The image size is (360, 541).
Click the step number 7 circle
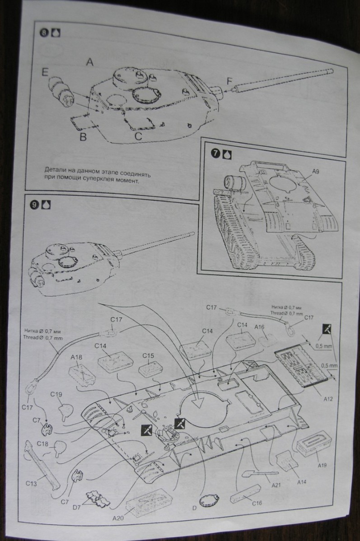click(216, 153)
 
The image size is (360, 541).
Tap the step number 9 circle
click(33, 204)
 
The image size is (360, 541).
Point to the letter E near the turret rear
click(45, 72)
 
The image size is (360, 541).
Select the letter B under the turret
click(83, 137)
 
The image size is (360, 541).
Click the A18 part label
click(76, 357)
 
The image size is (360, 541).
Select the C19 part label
click(56, 394)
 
